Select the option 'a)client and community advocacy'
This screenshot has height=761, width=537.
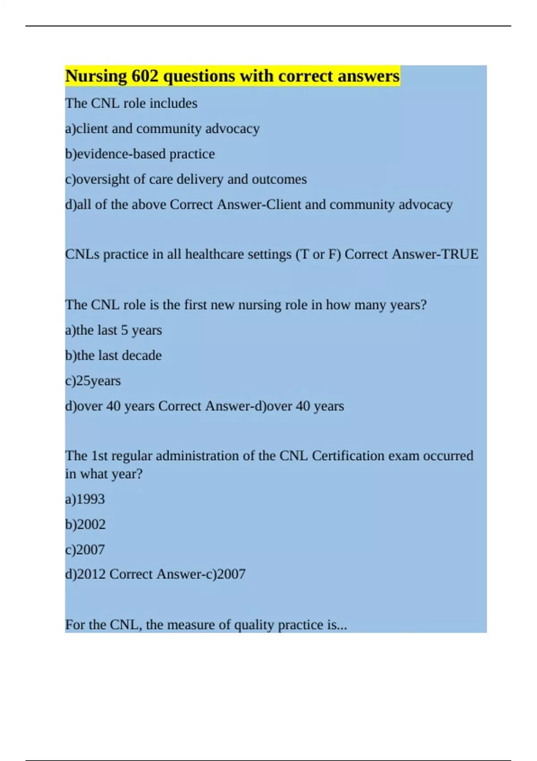click(x=162, y=129)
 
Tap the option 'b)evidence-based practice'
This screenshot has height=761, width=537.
click(x=140, y=154)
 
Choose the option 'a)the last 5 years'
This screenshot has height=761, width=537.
click(x=113, y=330)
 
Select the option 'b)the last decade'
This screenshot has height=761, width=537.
click(x=113, y=355)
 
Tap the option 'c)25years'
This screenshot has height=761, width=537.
click(x=93, y=381)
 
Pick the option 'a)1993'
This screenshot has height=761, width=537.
click(x=85, y=499)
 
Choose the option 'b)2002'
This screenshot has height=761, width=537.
click(x=85, y=524)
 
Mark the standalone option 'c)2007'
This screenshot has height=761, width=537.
click(x=85, y=550)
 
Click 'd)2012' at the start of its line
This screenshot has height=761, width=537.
click(x=85, y=574)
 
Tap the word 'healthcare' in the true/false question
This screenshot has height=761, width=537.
click(x=213, y=254)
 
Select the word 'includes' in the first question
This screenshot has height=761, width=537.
click(x=173, y=103)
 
